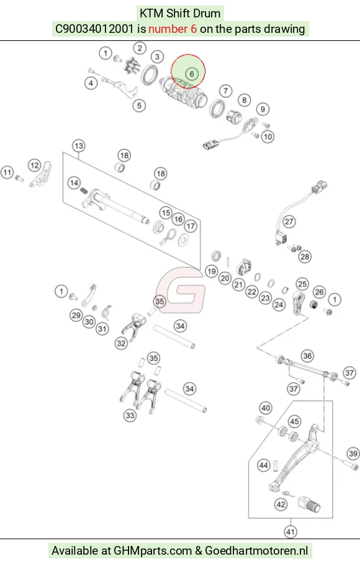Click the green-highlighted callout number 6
pyautogui.click(x=192, y=74)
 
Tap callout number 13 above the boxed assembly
pyautogui.click(x=79, y=146)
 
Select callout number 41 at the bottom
pyautogui.click(x=290, y=532)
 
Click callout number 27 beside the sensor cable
pyautogui.click(x=289, y=222)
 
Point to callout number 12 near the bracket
pyautogui.click(x=35, y=166)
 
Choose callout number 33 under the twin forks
pyautogui.click(x=130, y=416)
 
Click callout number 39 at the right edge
pyautogui.click(x=353, y=454)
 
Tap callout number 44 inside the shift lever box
pyautogui.click(x=264, y=465)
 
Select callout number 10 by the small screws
pyautogui.click(x=268, y=137)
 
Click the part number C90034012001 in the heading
pyautogui.click(x=94, y=29)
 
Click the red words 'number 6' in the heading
pyautogui.click(x=173, y=29)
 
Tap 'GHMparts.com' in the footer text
pyautogui.click(x=153, y=551)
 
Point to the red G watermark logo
pyautogui.click(x=181, y=290)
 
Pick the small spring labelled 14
pyautogui.click(x=84, y=190)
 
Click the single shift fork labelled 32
pyautogui.click(x=133, y=326)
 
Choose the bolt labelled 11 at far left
pyautogui.click(x=19, y=177)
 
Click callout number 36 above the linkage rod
pyautogui.click(x=307, y=356)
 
